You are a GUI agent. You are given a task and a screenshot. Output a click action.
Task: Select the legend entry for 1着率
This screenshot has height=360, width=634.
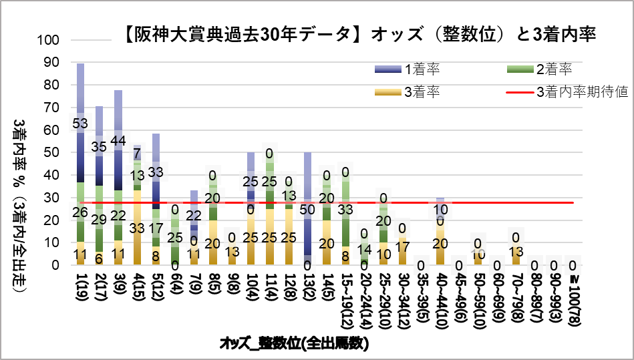422,68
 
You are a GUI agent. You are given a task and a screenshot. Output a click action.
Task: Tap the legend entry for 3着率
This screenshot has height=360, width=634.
422,92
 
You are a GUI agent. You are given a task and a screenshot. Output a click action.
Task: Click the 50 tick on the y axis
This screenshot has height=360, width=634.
53,153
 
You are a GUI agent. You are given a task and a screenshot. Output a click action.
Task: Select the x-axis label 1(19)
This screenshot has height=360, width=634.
81,291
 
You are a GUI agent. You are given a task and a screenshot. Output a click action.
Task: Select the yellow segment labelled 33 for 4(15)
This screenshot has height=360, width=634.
137,228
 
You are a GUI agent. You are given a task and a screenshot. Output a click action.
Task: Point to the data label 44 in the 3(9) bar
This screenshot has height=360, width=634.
118,140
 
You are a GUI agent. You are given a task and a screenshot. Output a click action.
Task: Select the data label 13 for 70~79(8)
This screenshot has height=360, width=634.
516,251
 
